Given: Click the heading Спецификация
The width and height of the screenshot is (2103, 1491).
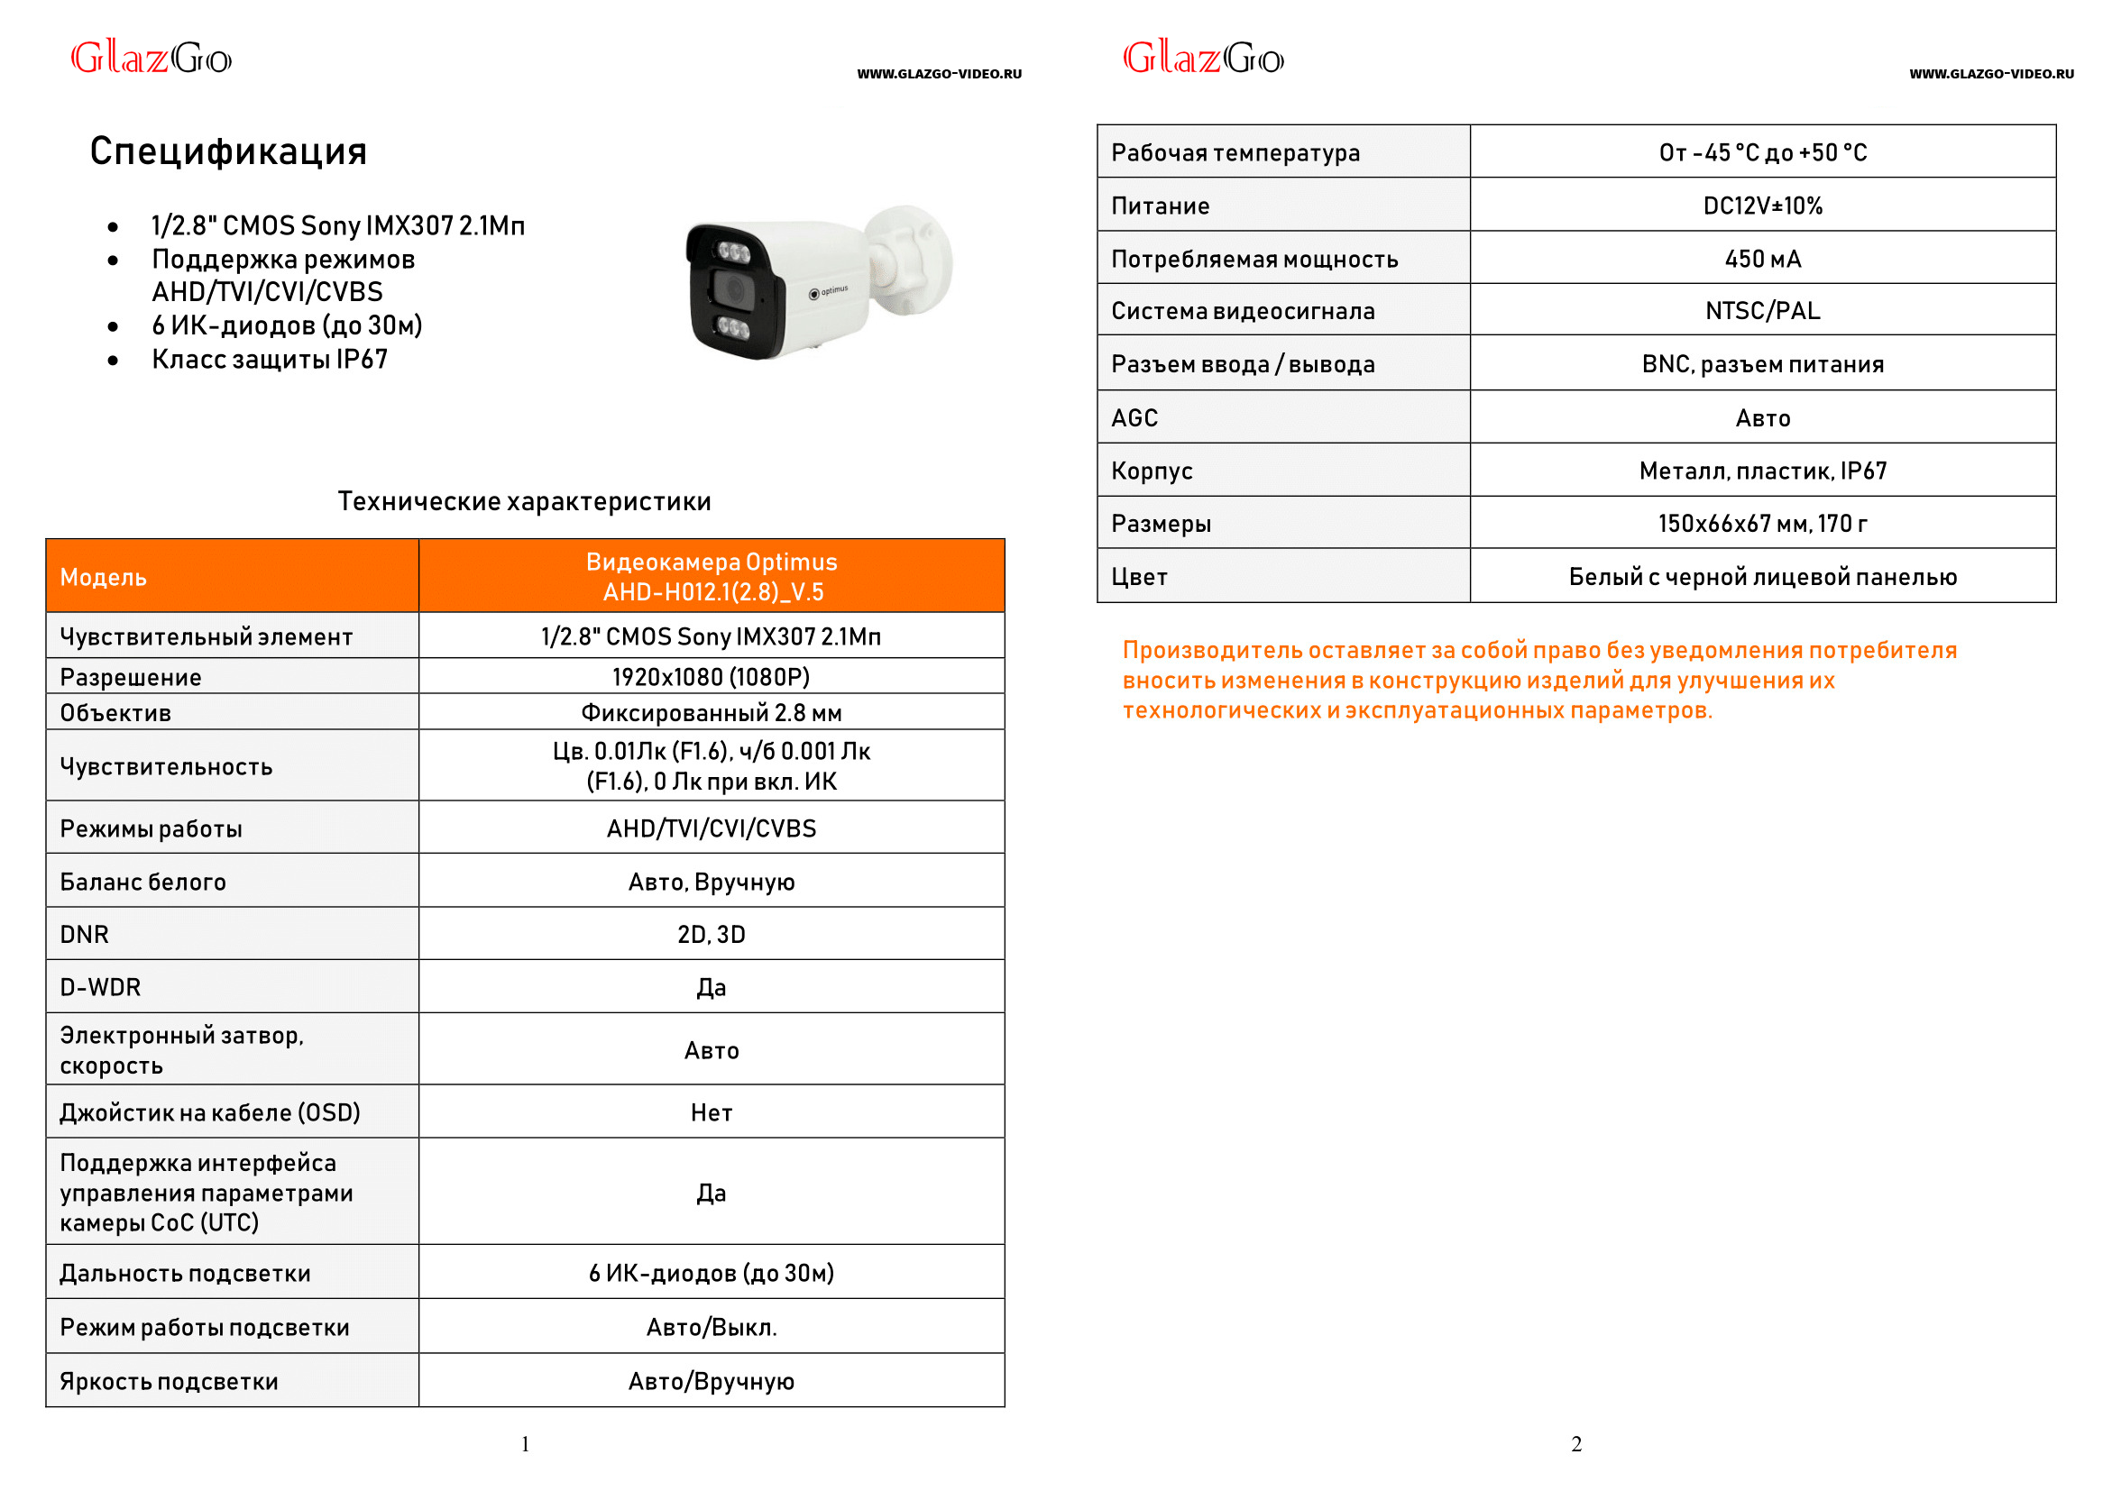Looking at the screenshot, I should coord(228,151).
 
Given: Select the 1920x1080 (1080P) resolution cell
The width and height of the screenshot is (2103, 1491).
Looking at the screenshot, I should coord(711,677).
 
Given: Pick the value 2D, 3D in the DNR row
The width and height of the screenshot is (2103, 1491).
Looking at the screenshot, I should coord(711,935).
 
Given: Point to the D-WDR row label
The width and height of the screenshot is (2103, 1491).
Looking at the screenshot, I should coord(101,988).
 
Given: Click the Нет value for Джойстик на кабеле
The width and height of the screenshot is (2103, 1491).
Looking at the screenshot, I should coord(711,1113).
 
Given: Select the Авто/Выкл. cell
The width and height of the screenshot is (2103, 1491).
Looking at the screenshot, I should coord(711,1328).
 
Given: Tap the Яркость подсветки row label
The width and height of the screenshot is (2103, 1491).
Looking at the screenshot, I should coord(169,1382).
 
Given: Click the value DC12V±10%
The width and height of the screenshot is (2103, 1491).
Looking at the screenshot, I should coord(1762,206).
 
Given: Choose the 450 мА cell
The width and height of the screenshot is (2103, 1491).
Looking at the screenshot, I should coord(1762,259).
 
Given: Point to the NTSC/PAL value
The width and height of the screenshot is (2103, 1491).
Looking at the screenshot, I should coord(1762,311).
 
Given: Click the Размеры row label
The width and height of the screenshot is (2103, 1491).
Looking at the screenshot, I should coord(1161,525).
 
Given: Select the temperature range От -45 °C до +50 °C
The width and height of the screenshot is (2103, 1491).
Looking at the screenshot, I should coord(1762,152).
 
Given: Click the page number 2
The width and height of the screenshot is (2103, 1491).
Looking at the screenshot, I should coord(1575,1444).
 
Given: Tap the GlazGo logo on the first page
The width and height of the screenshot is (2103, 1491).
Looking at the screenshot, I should coord(152,59).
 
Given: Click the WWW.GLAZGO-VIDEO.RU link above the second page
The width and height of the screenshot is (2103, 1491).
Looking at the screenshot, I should coord(1991,74).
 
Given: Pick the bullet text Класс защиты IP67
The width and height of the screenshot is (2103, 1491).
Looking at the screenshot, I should coord(270,360).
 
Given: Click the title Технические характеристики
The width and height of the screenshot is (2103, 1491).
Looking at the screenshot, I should coord(524,501).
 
